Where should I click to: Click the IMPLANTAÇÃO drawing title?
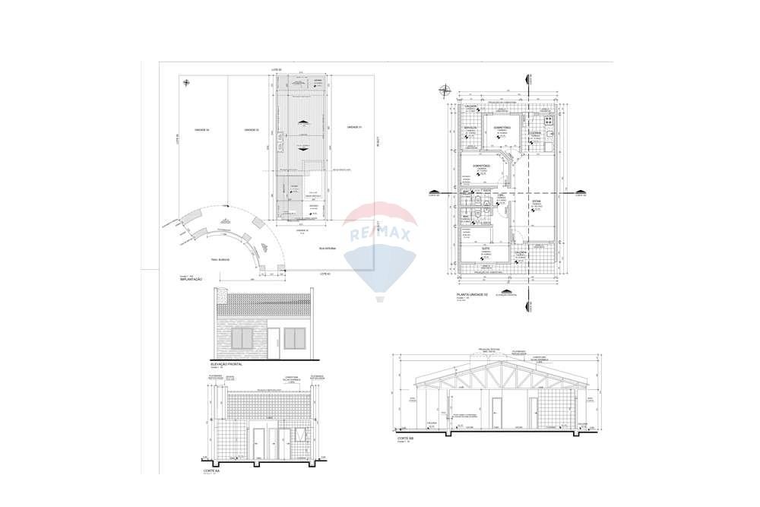191,280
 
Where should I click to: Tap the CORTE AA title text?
212,471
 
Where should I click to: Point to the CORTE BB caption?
406,439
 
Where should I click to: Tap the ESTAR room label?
535,202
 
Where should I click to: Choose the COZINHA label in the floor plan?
535,133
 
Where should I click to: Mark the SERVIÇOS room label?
470,127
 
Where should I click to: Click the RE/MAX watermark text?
379,234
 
